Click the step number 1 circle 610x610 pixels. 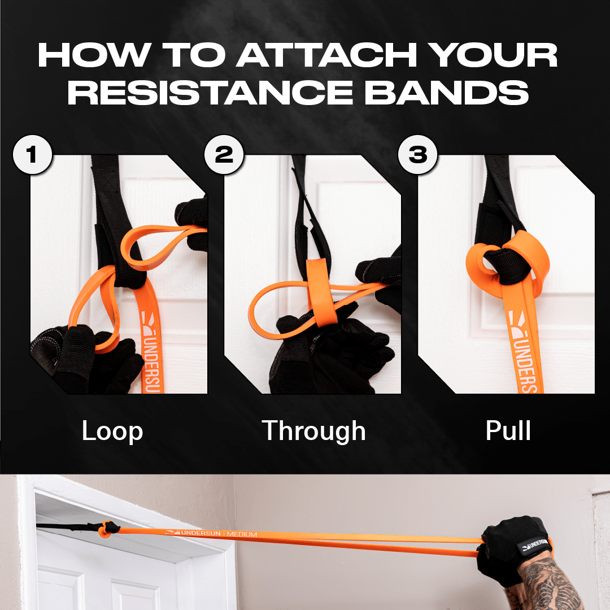(32, 154)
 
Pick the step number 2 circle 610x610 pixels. (224, 154)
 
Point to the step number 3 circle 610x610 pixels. (418, 154)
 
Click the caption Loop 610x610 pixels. (112, 432)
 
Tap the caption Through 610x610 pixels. (313, 432)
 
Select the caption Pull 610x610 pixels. (508, 432)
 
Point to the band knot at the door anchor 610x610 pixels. (106, 529)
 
